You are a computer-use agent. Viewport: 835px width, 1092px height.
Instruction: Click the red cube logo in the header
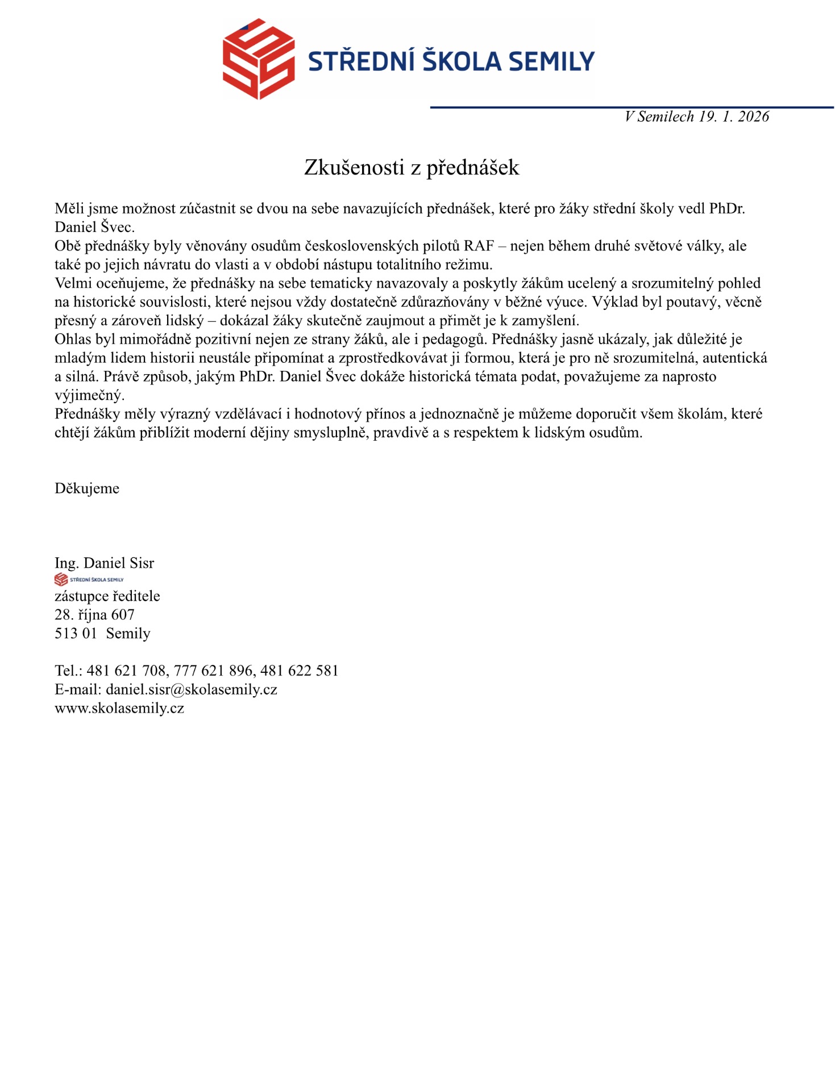click(259, 59)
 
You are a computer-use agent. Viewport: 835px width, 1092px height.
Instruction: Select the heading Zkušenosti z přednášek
click(412, 167)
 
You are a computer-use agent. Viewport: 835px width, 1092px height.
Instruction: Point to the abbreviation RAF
click(479, 246)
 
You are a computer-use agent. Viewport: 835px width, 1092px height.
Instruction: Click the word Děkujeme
click(87, 489)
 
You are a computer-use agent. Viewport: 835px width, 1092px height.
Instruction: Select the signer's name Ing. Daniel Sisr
click(105, 563)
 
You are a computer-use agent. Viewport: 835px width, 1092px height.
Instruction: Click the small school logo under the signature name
click(89, 580)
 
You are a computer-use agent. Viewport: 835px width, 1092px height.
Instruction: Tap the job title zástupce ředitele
click(107, 596)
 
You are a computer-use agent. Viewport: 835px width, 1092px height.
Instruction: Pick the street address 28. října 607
click(94, 615)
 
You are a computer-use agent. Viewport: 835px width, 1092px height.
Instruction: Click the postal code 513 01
click(76, 634)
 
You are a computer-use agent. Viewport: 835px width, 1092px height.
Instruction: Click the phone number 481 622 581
click(300, 671)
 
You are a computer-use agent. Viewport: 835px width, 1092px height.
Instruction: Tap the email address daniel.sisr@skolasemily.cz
click(192, 689)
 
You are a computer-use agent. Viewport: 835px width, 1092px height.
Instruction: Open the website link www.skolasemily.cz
click(119, 708)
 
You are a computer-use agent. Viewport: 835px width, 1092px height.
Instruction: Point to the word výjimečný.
click(89, 395)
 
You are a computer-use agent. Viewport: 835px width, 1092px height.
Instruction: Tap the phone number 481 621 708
click(126, 671)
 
